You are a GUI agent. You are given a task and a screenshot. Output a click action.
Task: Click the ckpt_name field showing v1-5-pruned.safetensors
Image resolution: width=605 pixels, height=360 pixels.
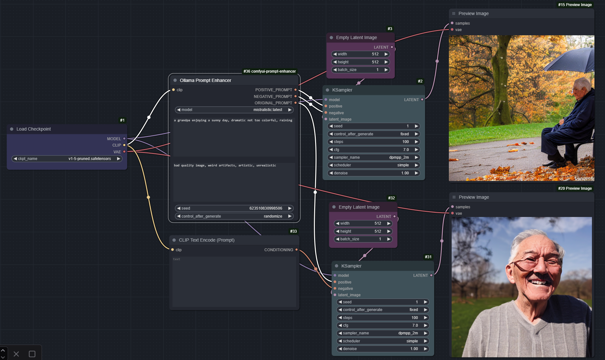coord(67,159)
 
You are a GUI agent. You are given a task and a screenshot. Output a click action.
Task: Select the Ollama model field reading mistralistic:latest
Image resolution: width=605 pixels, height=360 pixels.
coord(234,110)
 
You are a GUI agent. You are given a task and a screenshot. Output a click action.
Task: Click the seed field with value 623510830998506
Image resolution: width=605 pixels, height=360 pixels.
coord(234,208)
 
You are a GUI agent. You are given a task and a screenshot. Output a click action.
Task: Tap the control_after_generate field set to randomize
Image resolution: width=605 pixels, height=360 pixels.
coord(234,216)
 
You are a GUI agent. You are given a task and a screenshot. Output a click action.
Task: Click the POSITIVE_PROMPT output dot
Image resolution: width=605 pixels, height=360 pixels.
coord(296,90)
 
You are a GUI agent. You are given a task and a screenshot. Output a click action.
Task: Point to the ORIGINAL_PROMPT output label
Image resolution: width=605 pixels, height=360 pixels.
coord(273,103)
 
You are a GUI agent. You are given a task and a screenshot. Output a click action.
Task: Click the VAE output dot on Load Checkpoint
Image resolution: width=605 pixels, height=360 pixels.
coord(124,152)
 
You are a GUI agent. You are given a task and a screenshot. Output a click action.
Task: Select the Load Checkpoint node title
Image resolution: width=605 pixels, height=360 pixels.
coord(34,129)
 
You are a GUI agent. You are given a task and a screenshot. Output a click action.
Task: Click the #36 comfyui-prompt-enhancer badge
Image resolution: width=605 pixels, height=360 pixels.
coord(270,71)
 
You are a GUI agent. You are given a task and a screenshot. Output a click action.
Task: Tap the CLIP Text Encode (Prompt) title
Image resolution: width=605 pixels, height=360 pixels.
coord(207,240)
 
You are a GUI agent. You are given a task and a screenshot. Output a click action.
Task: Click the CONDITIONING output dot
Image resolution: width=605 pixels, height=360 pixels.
coord(297,250)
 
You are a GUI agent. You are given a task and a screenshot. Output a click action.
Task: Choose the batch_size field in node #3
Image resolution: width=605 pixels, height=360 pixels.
coord(361,70)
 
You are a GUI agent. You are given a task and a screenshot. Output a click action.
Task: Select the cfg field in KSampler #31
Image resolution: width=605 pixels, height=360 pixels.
coord(383,325)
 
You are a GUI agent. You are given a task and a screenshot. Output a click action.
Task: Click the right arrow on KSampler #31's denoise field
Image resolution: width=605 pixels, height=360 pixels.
coord(426,349)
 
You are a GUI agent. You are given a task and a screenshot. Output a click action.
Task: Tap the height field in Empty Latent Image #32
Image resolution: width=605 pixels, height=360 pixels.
coord(363,231)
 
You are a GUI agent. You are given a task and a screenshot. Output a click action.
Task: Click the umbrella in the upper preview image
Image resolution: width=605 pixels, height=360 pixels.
coord(569,58)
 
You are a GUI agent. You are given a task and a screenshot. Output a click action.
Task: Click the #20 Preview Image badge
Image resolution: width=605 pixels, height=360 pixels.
coord(575,188)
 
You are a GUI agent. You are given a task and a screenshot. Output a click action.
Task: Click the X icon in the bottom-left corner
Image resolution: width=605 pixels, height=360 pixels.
coord(16,354)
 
